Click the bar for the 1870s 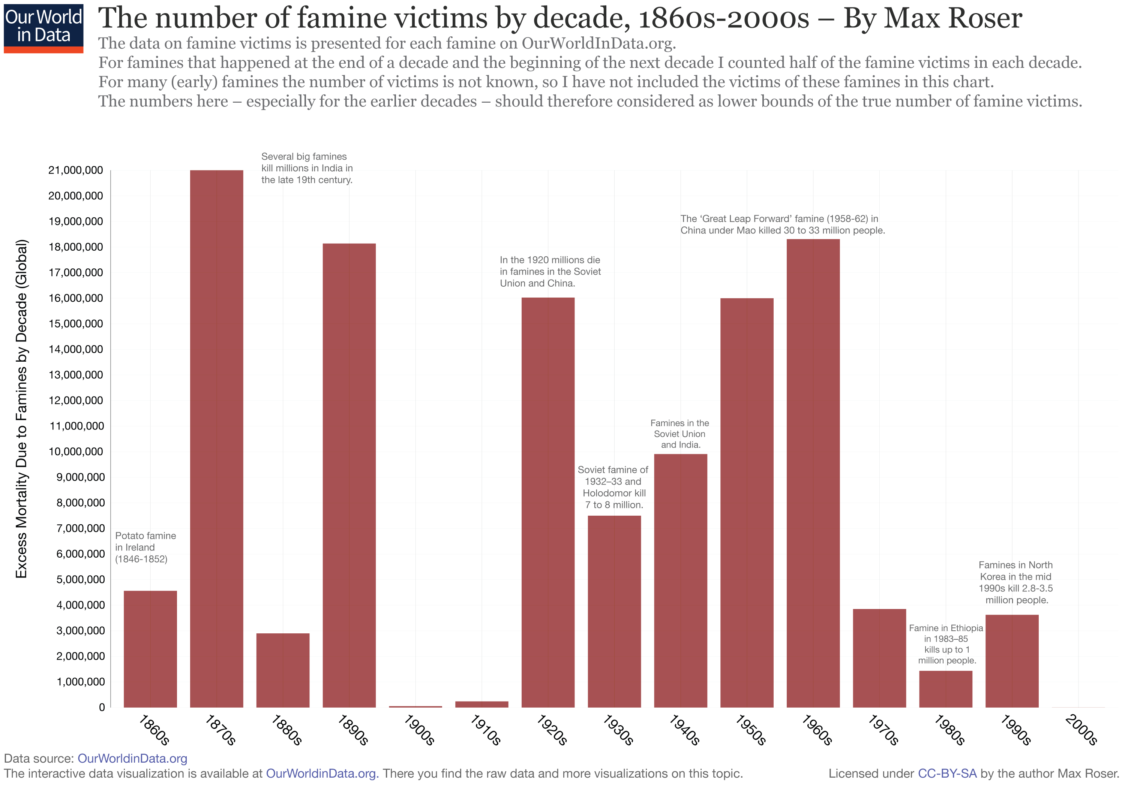[x=217, y=438]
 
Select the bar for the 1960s [x=813, y=473]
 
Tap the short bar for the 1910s [x=481, y=704]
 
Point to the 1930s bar [x=614, y=611]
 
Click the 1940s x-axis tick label [x=684, y=730]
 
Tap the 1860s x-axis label [x=154, y=730]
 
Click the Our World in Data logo [x=43, y=27]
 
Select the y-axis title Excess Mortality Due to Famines [x=21, y=408]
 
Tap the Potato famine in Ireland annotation [x=145, y=547]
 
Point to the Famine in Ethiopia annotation [x=946, y=643]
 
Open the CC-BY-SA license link [x=946, y=773]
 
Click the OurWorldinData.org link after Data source [x=132, y=758]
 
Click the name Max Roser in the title [x=932, y=19]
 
